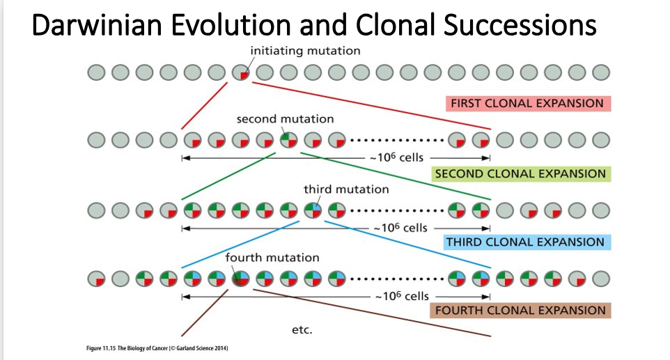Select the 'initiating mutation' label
tap(305, 50)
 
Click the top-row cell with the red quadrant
tap(241, 72)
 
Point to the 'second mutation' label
tap(285, 119)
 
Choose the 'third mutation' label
tap(346, 189)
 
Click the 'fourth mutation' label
tap(272, 258)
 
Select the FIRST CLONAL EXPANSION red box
tap(527, 103)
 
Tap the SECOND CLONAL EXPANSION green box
tap(520, 173)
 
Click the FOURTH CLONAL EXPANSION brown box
tap(521, 311)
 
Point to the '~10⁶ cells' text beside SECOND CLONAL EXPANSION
tap(396, 157)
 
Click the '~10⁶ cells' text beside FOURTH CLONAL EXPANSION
tap(402, 296)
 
